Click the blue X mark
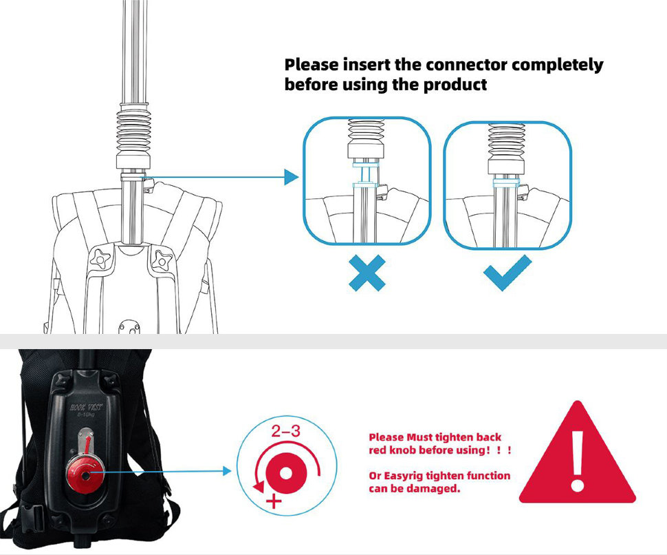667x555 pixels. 367,273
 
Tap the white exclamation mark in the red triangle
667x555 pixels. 577,461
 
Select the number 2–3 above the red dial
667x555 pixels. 286,431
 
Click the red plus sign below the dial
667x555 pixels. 274,501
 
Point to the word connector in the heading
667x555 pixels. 466,65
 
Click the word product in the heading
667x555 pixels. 455,84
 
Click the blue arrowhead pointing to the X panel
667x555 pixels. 292,177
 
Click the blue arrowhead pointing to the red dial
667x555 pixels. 227,471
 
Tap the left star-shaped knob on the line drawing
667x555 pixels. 101,257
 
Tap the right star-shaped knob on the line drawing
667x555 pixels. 162,258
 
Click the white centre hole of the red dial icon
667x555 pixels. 286,473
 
